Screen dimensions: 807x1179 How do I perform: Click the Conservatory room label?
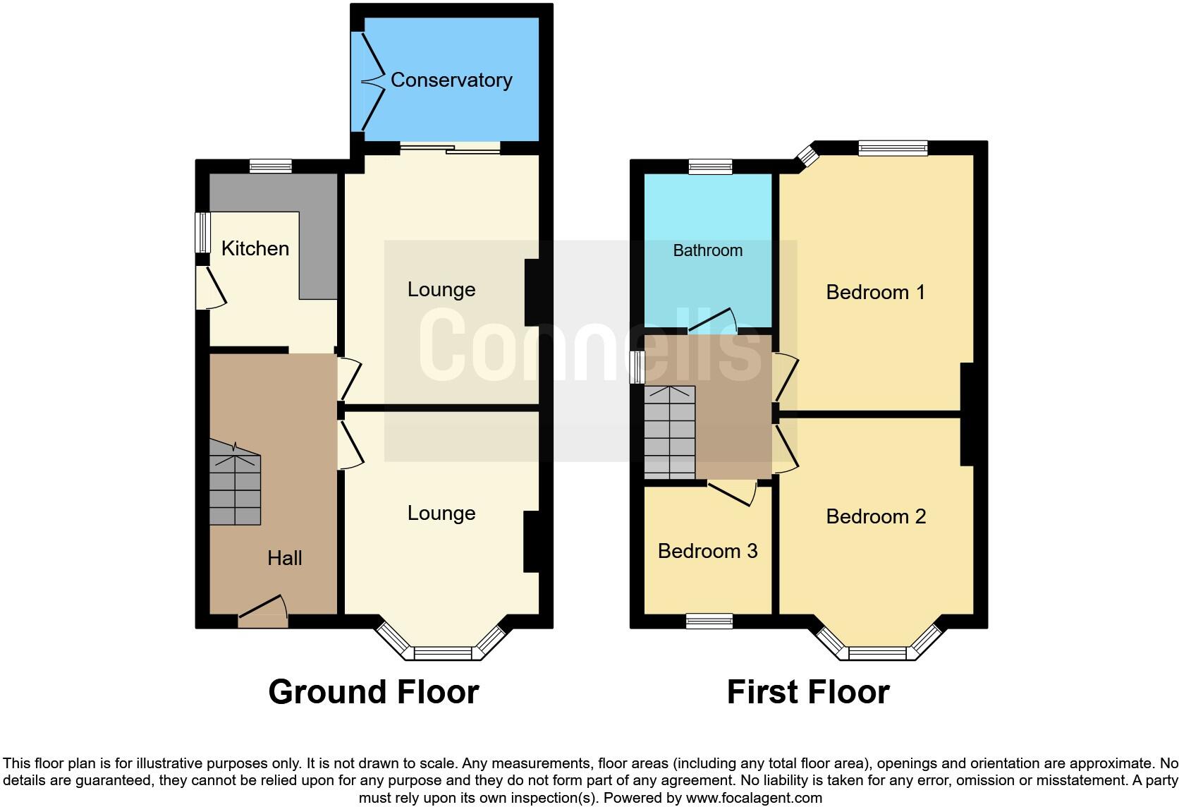(451, 80)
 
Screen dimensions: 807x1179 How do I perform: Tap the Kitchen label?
(255, 248)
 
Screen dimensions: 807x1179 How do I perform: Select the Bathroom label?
(707, 250)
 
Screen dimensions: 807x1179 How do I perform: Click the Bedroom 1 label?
(875, 292)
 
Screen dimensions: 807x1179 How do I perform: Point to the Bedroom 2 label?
(875, 516)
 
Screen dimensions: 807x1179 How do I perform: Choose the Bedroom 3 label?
(707, 551)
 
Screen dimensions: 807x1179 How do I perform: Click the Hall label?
(285, 558)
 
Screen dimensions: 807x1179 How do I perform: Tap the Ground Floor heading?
(374, 692)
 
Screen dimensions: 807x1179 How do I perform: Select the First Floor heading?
(808, 692)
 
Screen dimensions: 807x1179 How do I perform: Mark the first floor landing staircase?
(669, 432)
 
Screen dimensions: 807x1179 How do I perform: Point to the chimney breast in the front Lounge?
(531, 541)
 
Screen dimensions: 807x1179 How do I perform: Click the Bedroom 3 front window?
(709, 621)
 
